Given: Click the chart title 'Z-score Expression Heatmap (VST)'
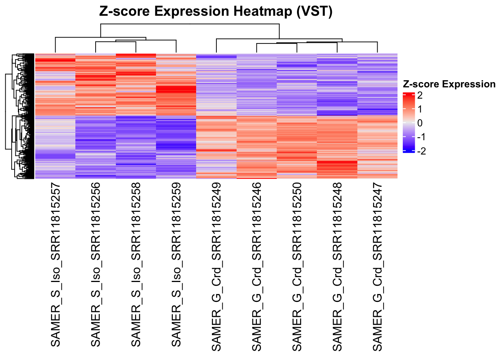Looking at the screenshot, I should [x=216, y=11].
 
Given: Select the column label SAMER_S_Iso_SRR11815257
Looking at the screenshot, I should [x=55, y=265].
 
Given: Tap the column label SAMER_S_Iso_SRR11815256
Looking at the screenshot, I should [x=96, y=265].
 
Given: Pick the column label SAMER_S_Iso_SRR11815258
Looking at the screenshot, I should [x=136, y=265].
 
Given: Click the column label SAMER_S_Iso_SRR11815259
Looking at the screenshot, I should [x=176, y=265].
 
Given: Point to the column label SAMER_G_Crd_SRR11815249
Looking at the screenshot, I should [x=216, y=267].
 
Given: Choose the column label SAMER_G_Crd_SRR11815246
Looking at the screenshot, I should [x=256, y=267].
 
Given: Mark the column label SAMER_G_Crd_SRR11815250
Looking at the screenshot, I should [x=297, y=267].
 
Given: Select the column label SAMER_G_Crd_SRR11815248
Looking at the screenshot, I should [x=337, y=267].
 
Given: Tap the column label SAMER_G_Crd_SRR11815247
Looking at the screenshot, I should [x=377, y=267].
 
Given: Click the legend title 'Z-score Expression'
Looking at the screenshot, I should [x=449, y=84].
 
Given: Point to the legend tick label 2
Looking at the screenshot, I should [x=420, y=95].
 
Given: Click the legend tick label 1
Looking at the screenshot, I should [x=420, y=109].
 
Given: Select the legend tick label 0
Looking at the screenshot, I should [x=420, y=123].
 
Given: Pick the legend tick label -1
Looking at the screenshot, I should [x=421, y=137].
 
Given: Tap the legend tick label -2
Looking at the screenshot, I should [x=421, y=151].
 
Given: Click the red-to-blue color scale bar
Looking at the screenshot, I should [x=408, y=123].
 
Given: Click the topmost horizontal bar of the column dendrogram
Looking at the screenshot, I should [x=190, y=24].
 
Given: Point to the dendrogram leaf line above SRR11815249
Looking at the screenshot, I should [x=216, y=46].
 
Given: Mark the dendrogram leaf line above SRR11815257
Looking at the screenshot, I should [x=55, y=45].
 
